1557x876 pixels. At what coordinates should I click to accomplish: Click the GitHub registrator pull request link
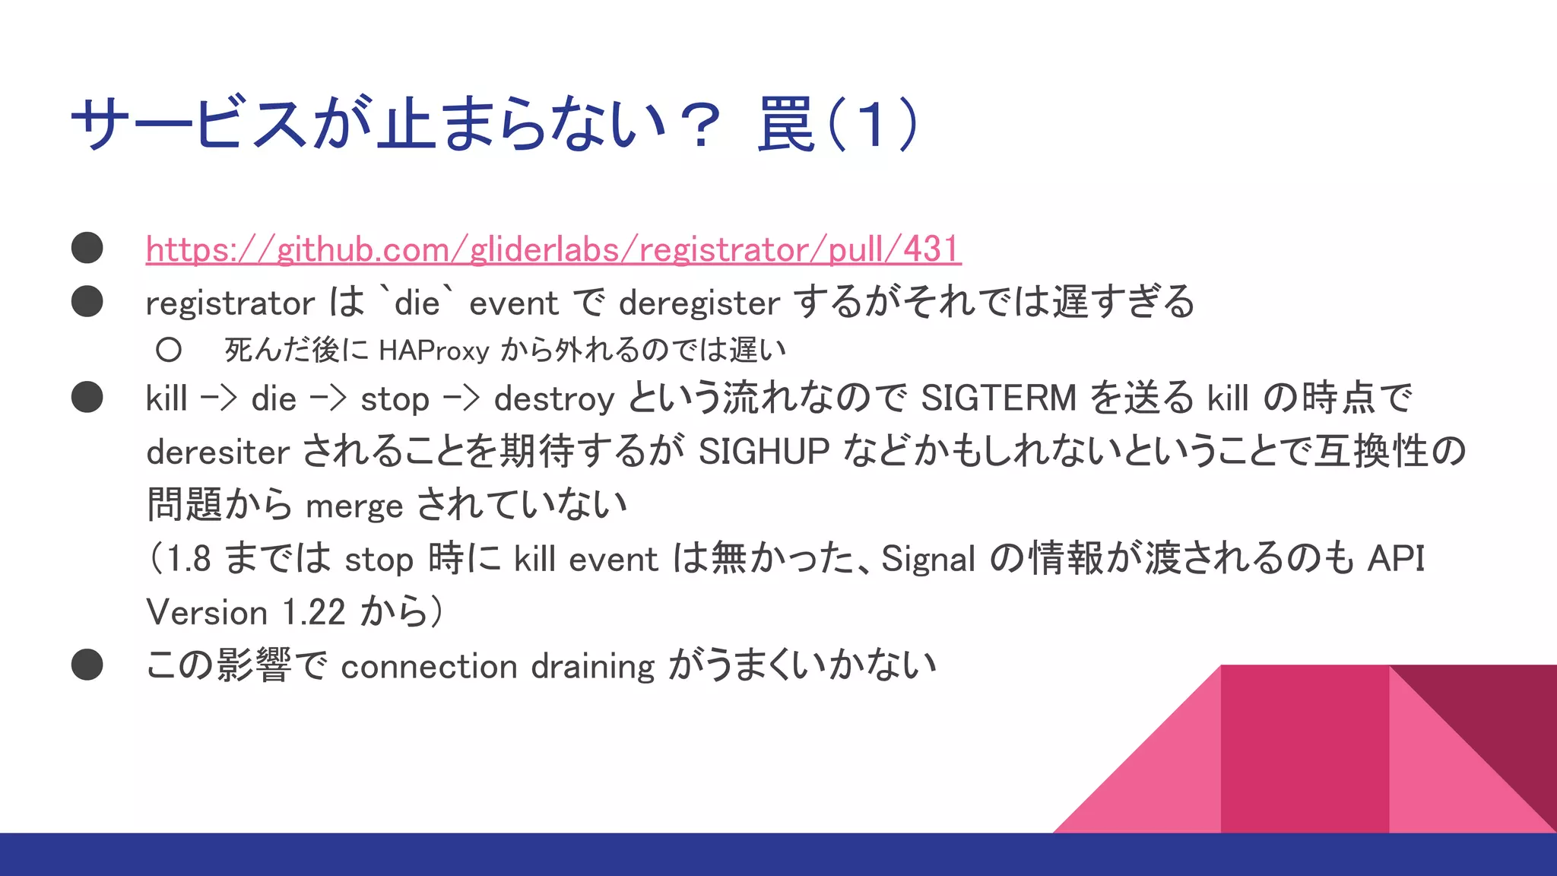click(x=553, y=249)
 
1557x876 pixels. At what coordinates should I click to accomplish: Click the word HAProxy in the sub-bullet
click(x=433, y=351)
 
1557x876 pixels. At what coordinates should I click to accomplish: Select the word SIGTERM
click(x=998, y=398)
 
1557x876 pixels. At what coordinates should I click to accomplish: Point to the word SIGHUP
click(x=763, y=452)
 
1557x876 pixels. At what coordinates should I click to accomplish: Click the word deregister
click(x=699, y=303)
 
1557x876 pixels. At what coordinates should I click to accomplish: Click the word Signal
click(x=928, y=560)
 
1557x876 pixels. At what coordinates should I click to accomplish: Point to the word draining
click(x=592, y=667)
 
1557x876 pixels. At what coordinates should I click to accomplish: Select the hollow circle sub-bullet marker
click(x=169, y=350)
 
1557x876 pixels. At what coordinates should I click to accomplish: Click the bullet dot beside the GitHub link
click(x=87, y=248)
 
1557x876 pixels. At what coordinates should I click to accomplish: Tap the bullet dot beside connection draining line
click(x=87, y=665)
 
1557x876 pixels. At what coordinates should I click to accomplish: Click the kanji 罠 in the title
click(x=786, y=124)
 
